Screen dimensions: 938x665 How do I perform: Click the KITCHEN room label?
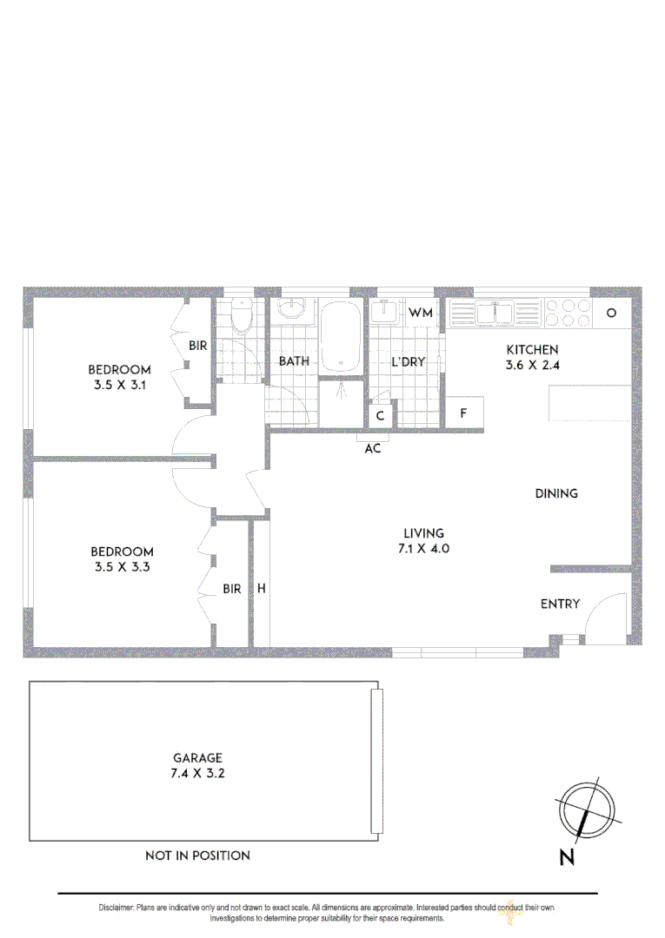click(x=533, y=350)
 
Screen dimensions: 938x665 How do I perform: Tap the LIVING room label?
click(x=423, y=533)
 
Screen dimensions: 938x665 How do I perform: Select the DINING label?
click(x=556, y=493)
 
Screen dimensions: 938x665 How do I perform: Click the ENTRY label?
click(x=560, y=604)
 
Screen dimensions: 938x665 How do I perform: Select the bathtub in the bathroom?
click(x=341, y=337)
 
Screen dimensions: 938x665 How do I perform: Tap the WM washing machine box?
click(x=421, y=313)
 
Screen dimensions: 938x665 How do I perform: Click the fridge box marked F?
click(x=464, y=413)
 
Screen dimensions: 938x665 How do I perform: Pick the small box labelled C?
click(x=381, y=416)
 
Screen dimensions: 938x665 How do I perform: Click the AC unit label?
click(x=372, y=448)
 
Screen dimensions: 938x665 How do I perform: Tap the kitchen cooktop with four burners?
click(x=567, y=313)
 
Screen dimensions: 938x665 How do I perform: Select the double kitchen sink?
click(x=496, y=312)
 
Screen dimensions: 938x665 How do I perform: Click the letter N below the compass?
click(x=567, y=858)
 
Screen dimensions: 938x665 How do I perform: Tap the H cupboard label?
click(x=260, y=589)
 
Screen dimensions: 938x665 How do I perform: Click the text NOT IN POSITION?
click(x=197, y=855)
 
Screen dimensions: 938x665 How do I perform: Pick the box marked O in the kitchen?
click(x=611, y=313)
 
